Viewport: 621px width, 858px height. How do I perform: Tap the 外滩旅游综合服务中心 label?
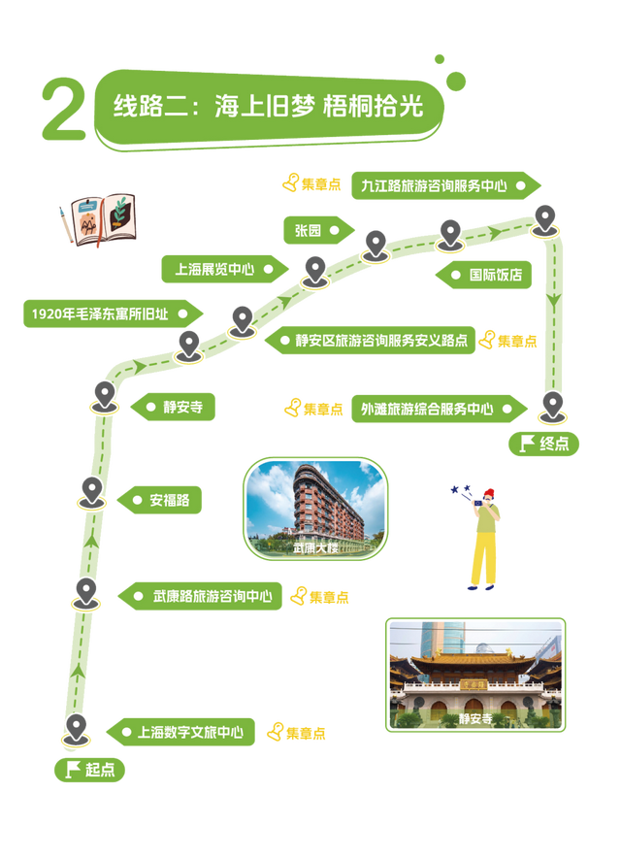(432, 409)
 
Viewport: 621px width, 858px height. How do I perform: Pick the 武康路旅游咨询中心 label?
(202, 595)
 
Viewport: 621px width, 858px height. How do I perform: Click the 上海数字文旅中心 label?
(187, 732)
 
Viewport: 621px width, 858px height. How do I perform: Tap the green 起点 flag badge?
(90, 770)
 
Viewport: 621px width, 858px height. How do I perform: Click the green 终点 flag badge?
(544, 445)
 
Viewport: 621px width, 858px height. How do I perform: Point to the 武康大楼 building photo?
(315, 509)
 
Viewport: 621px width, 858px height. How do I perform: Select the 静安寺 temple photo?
(475, 675)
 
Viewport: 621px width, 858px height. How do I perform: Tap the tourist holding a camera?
(480, 536)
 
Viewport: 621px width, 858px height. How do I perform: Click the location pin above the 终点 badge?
(551, 406)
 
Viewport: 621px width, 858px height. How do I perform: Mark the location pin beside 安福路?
(91, 492)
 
